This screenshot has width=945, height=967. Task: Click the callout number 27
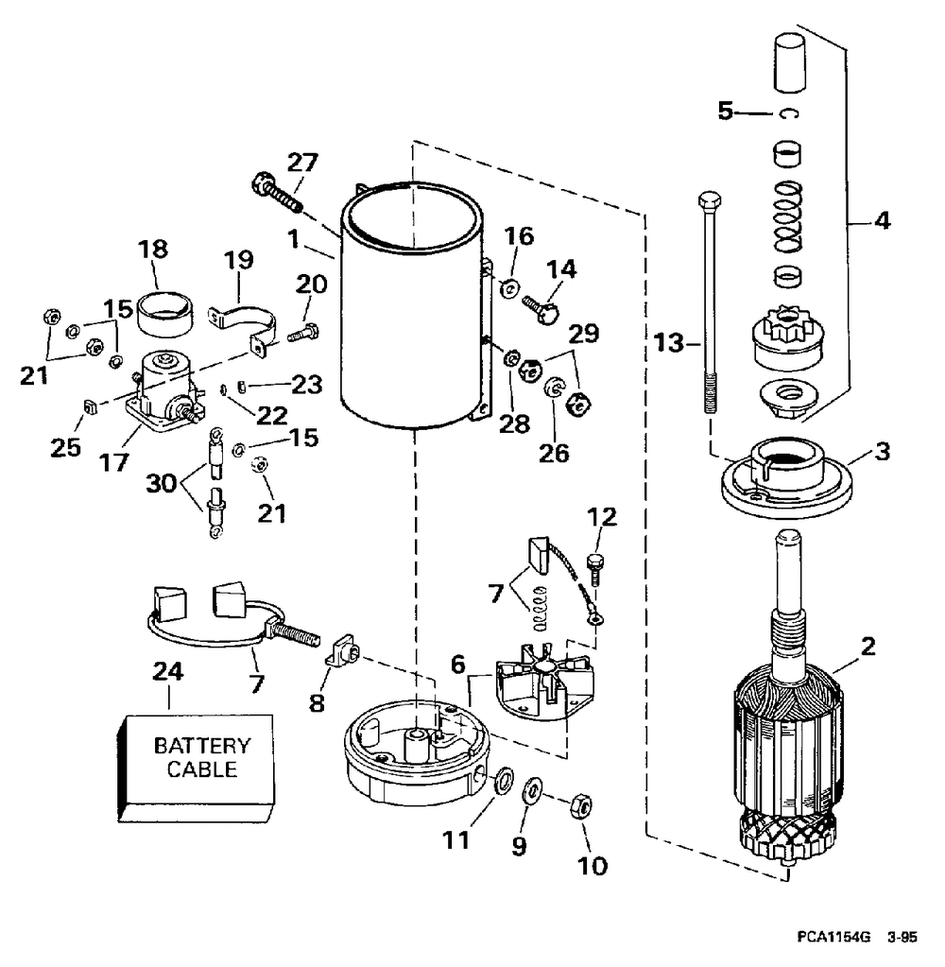coord(302,163)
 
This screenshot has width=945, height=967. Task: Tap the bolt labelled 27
coord(277,193)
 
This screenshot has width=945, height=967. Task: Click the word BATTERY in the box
coord(202,746)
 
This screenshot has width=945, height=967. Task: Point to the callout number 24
coord(167,671)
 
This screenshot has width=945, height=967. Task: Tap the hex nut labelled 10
coord(580,805)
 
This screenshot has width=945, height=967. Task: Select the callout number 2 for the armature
coord(868,647)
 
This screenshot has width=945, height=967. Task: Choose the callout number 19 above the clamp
coord(239,260)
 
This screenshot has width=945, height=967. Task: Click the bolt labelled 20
coord(302,333)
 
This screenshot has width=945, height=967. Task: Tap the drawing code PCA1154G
coord(833,938)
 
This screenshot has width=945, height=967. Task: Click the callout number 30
coord(161,484)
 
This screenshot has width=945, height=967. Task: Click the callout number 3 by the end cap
coord(883,452)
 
